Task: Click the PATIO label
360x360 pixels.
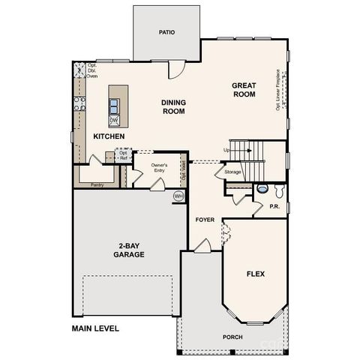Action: click(x=166, y=32)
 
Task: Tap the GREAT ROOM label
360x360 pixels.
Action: click(x=244, y=90)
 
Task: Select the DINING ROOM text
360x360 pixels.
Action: click(x=173, y=107)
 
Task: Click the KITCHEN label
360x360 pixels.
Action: click(x=109, y=137)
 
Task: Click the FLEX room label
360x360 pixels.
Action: click(x=256, y=274)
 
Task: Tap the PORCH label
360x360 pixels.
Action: click(x=232, y=337)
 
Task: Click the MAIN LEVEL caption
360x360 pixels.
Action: click(x=95, y=328)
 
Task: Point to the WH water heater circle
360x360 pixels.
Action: click(x=178, y=196)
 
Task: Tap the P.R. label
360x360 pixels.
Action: click(x=275, y=203)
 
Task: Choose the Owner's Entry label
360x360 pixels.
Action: click(x=159, y=167)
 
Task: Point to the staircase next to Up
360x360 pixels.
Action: click(x=247, y=150)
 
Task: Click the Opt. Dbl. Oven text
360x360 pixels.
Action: click(x=91, y=70)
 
